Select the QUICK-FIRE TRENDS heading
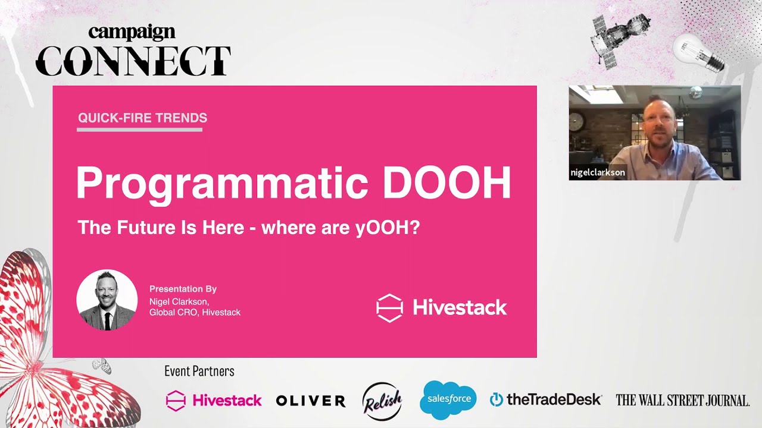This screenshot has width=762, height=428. [142, 118]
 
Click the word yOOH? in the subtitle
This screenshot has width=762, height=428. [388, 228]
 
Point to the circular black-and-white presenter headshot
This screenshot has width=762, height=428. [107, 300]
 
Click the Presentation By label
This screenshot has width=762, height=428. [183, 289]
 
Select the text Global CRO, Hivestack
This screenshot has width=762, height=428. [195, 312]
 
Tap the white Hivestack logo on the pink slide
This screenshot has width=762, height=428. [441, 307]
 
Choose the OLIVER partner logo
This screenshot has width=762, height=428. [310, 401]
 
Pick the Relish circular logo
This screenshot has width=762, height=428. [382, 401]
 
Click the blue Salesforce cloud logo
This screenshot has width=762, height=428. [448, 399]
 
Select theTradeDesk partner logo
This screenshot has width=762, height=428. [545, 399]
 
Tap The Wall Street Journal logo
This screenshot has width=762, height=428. [682, 400]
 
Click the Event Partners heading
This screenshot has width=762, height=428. [199, 372]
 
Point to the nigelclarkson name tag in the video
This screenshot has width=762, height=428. [598, 172]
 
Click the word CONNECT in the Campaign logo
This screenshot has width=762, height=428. [133, 61]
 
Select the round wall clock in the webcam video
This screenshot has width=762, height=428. [577, 122]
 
